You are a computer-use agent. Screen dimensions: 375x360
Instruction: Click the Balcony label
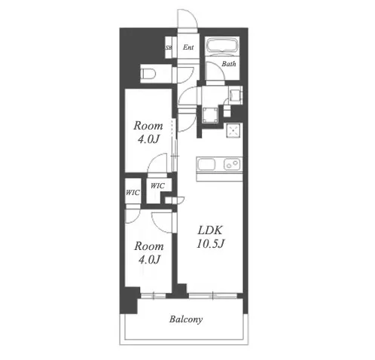click(186, 319)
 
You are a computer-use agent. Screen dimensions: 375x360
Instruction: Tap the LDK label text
click(210, 230)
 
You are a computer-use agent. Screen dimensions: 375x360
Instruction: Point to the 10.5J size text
click(210, 243)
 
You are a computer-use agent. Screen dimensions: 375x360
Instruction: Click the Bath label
click(229, 64)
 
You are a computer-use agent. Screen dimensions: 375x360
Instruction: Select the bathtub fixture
click(222, 45)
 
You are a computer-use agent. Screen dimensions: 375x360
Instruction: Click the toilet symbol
click(148, 74)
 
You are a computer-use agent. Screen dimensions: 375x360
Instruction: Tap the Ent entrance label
click(188, 47)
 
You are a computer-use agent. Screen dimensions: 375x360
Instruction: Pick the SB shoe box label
click(169, 47)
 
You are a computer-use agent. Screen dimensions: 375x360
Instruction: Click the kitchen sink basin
click(206, 164)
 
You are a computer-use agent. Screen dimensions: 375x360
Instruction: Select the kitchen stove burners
click(232, 164)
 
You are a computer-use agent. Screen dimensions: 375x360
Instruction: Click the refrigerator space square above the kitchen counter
click(233, 130)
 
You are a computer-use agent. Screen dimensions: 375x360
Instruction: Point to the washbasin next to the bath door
click(236, 96)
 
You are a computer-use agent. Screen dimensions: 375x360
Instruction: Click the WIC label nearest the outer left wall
click(133, 193)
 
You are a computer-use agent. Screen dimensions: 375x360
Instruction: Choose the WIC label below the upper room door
click(157, 186)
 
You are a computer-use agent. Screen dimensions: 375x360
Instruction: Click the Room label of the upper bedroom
click(148, 126)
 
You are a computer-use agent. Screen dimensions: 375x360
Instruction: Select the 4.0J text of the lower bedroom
click(149, 260)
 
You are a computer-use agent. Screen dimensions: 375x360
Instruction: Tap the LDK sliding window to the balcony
click(213, 296)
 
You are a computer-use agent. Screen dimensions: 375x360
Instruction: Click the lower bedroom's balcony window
click(153, 296)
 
